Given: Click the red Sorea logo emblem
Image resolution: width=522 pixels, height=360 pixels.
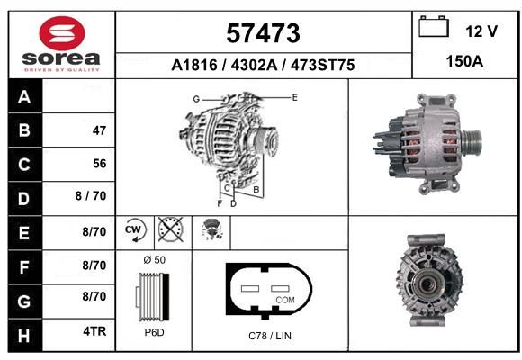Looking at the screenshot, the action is (62, 33).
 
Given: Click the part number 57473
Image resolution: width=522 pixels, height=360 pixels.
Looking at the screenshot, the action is (263, 33).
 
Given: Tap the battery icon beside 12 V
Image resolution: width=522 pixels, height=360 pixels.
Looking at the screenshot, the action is (434, 27).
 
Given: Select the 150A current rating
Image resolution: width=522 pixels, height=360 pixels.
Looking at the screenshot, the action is (464, 61).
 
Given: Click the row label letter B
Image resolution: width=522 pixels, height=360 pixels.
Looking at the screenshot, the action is (24, 130).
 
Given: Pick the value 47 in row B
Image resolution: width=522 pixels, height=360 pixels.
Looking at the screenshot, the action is (99, 130).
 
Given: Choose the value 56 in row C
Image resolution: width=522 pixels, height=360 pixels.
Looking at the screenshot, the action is (100, 164).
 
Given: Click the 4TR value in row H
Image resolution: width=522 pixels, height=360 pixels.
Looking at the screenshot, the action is (94, 331).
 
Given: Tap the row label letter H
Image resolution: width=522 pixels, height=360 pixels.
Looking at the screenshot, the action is (24, 336).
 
